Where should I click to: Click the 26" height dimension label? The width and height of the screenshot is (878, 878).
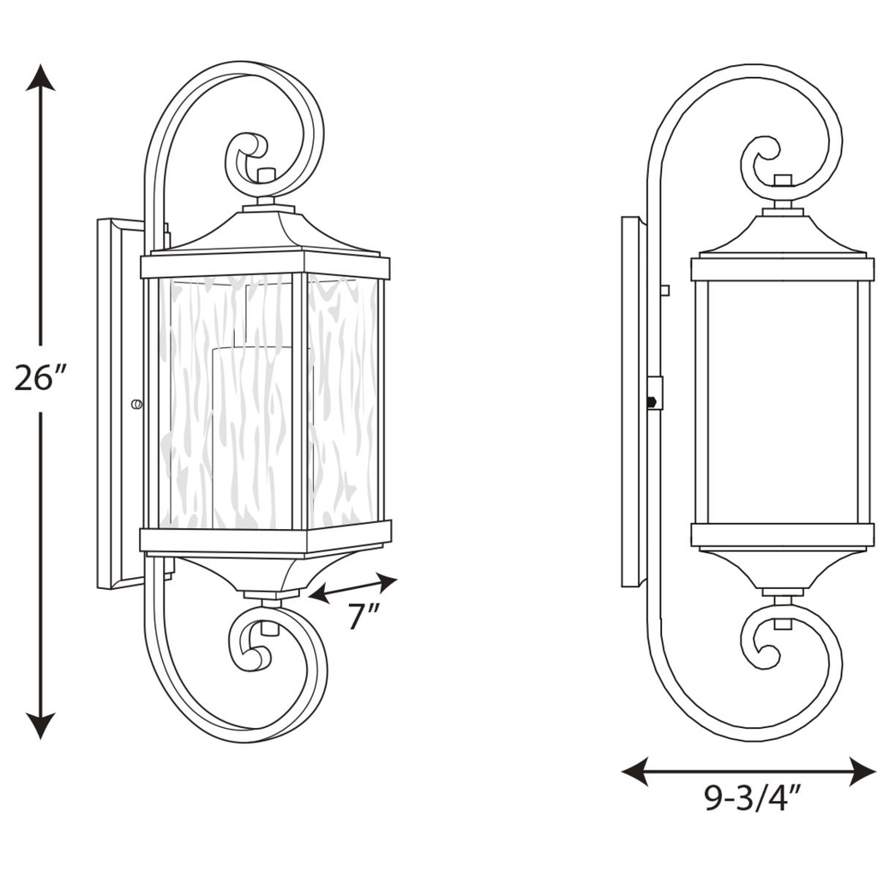point(40,377)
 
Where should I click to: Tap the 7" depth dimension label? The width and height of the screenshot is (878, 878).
point(363,616)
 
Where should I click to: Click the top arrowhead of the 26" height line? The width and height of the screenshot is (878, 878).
point(40,77)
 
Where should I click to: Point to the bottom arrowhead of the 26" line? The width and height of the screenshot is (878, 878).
point(40,726)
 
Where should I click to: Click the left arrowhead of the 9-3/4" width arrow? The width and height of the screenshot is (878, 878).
point(635,772)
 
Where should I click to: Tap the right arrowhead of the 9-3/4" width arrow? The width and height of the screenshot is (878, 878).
point(863,772)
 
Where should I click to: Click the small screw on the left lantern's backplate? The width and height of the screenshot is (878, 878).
point(136,405)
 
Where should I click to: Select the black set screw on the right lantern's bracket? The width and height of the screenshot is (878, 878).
point(652,401)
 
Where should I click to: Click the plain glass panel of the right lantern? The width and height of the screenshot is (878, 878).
point(782,401)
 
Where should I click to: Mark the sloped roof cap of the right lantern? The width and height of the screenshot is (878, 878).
point(783,235)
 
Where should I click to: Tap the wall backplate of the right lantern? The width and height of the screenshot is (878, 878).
point(630,401)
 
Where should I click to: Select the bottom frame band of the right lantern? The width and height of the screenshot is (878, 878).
point(782,536)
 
